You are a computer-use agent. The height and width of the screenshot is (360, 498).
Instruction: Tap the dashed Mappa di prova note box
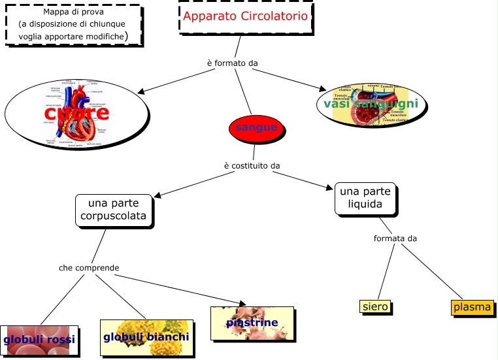coord(73,25)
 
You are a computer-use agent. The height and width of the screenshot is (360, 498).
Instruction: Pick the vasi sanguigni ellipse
coord(371,104)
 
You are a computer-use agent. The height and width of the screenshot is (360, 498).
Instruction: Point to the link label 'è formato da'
coord(232,63)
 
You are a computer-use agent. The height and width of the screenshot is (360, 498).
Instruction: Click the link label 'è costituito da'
coord(252,165)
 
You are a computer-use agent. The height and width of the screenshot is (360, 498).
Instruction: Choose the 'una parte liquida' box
coord(365,199)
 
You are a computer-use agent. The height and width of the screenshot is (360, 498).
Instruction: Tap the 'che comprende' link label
coord(89,267)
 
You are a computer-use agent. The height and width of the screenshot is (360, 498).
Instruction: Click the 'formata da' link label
coord(395,238)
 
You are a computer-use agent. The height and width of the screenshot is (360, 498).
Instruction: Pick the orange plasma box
coord(472,307)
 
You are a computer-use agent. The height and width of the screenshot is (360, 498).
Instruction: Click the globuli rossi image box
coord(39,340)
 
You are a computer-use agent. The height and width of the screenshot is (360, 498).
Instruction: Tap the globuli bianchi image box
coord(146,338)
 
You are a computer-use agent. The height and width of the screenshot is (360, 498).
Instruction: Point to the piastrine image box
coord(252,323)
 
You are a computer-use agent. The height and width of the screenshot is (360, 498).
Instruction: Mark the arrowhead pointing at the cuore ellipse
coord(145,91)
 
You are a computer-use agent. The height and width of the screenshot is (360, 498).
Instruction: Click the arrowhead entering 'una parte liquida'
coord(331,189)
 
